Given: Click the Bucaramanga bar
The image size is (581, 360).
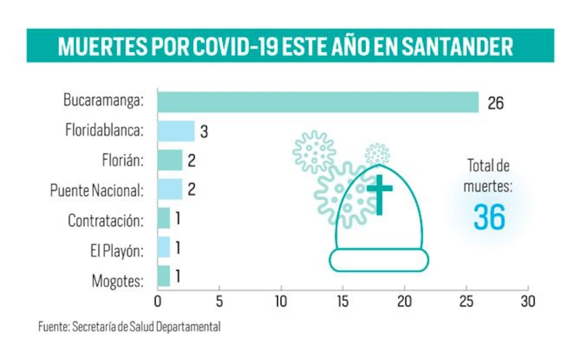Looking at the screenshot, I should pos(318,102).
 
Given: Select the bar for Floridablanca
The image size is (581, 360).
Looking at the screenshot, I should pos(176,131).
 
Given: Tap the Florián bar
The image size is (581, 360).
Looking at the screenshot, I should pos(170,160).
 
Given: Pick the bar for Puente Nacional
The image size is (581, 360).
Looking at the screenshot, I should pos(170,189).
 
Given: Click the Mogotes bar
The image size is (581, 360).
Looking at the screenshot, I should pos(164,276).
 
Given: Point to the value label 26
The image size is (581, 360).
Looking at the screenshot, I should pos(495,103).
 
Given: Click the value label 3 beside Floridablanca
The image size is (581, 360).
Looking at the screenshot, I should pos(204,132).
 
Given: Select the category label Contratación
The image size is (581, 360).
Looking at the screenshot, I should pos(106,220).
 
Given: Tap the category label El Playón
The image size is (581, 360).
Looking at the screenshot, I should pos(117,250).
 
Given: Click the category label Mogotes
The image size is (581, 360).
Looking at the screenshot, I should pos(117,281).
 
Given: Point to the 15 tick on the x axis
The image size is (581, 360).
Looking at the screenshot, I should pos(343,301).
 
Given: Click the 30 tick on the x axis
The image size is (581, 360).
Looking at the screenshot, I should pos(528,301).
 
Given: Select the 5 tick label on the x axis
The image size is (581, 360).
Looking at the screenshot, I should pos(219,301).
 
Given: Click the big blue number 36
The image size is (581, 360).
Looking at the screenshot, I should pos(489,217).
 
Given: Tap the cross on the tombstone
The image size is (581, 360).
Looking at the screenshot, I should pos(379,194).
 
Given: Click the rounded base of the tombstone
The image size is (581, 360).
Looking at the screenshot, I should pos(379,260).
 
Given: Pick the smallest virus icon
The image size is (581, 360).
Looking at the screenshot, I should pos(377,154).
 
